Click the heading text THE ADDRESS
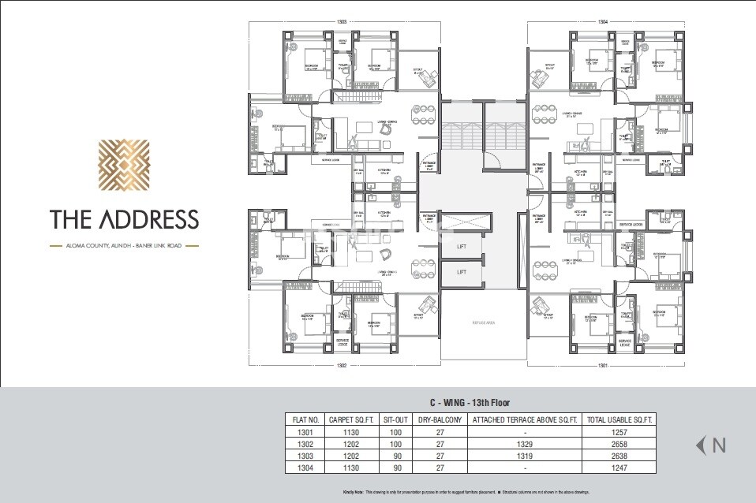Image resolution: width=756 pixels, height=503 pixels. [124, 218]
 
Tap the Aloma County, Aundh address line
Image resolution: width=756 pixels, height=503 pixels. [124, 246]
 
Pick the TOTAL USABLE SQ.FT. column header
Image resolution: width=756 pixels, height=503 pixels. [619, 420]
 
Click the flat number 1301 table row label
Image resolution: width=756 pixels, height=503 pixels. [305, 433]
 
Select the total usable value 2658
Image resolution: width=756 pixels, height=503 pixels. [619, 444]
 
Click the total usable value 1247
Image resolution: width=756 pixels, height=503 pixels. [619, 468]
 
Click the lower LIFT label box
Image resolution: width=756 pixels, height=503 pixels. [462, 272]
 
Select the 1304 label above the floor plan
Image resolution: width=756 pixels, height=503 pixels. [602, 22]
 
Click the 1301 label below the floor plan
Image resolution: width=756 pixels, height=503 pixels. [602, 365]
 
